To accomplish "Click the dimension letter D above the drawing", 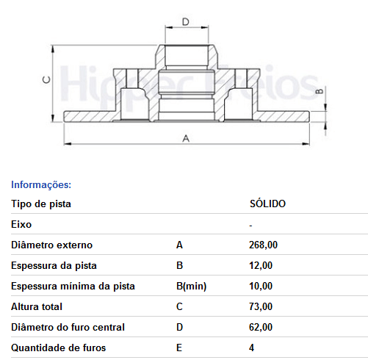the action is pos(186,22).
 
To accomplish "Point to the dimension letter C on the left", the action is pos(47,79).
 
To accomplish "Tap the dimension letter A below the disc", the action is pos(186,139).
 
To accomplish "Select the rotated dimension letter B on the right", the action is pos(320,91).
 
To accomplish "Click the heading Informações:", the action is pos(41,184).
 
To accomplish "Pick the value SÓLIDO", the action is pos(267,204).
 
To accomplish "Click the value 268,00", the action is pos(263,245).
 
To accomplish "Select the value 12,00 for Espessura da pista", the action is pos(261,265).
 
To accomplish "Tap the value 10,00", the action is pos(261,286).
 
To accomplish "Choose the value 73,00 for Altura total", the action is pos(261,306).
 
